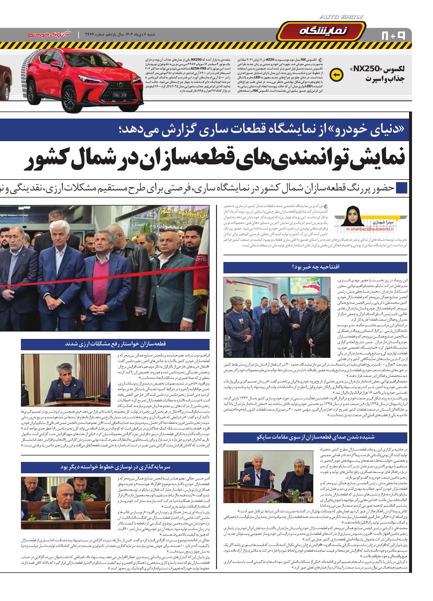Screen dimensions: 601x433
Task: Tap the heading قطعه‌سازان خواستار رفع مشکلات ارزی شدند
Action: [115, 344]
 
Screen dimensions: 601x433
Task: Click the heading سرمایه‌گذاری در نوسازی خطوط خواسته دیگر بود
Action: [115, 467]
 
